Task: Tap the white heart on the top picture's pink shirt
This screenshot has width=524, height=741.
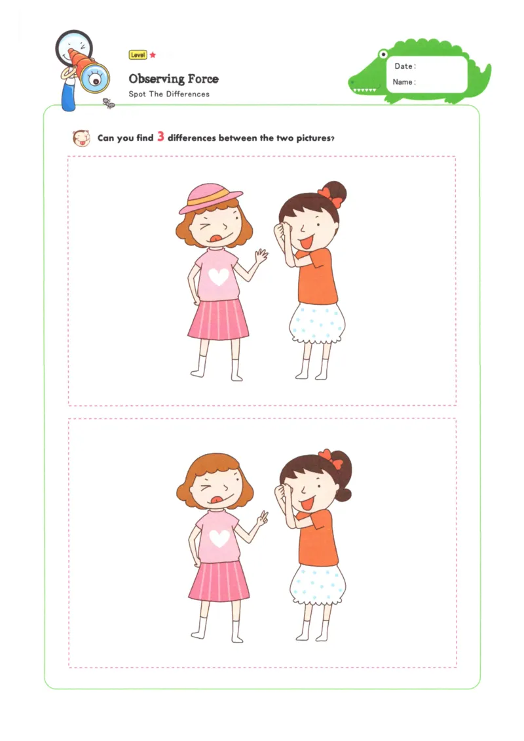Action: pos(218,277)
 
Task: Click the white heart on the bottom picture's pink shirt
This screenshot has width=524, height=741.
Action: pos(219,539)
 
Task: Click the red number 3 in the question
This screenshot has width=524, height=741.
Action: pos(160,138)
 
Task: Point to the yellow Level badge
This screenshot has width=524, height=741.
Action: pos(138,55)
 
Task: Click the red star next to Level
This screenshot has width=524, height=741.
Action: pos(153,55)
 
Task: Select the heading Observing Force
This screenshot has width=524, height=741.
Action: pos(174,79)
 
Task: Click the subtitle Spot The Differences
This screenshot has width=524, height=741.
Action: pos(169,94)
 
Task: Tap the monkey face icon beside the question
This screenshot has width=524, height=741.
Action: pos(81,138)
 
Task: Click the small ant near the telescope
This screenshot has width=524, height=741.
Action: pos(109,103)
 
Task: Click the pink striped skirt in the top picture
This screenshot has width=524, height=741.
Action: pos(219,321)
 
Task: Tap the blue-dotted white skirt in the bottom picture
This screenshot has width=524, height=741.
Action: pos(318,584)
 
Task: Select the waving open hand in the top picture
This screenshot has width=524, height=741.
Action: pos(261,256)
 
